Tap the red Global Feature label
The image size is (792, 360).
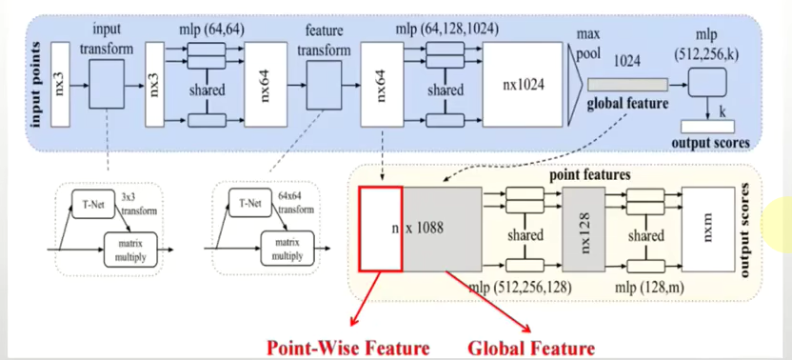[x=530, y=348]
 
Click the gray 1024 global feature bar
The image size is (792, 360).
[x=624, y=85]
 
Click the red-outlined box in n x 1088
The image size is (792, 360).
[x=380, y=230]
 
